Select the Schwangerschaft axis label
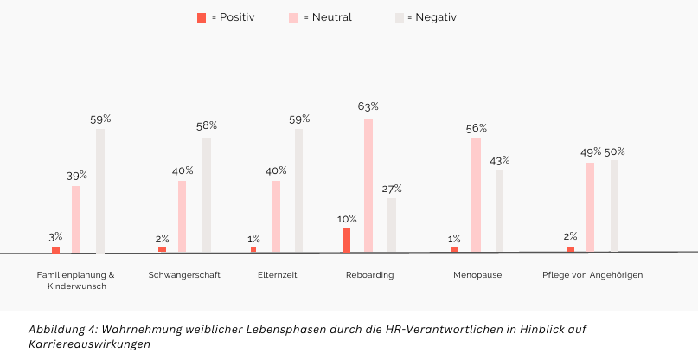(184, 275)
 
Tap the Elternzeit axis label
(277, 275)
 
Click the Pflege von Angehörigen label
(592, 275)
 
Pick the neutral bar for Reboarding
(368, 185)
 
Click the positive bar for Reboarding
(347, 241)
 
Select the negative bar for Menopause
(500, 210)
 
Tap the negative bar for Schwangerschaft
(207, 195)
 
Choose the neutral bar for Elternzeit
(276, 216)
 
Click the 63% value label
(368, 106)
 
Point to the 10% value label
(347, 219)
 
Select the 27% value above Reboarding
(392, 189)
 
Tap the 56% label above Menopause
(477, 128)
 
